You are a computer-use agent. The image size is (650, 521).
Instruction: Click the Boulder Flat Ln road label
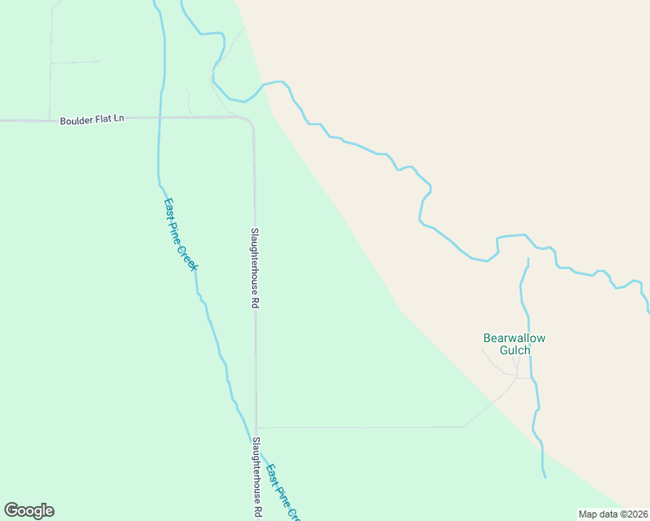click(92, 120)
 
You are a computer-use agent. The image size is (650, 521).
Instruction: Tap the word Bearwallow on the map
click(519, 338)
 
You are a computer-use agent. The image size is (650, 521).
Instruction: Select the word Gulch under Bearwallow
click(514, 351)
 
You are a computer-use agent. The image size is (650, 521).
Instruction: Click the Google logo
click(29, 511)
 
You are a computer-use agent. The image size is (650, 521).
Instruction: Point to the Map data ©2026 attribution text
click(612, 513)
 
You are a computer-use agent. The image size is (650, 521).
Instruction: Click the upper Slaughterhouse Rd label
click(255, 268)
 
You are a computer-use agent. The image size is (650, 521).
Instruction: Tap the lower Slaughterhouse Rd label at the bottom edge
click(256, 478)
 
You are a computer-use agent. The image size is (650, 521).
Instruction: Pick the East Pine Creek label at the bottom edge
click(283, 492)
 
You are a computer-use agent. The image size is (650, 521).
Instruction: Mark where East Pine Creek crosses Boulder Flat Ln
click(160, 118)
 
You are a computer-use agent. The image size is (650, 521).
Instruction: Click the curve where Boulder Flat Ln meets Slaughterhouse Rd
click(250, 122)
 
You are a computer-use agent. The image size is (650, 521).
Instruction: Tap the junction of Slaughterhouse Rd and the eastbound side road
click(256, 427)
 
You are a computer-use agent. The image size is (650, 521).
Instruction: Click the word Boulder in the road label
click(75, 120)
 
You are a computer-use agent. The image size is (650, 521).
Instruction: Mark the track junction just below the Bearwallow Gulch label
click(517, 376)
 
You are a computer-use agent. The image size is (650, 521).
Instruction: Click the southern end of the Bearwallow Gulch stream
click(545, 477)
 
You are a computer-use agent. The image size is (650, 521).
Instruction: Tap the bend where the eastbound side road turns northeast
click(464, 426)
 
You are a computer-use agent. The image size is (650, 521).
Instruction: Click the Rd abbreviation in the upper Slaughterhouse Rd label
click(255, 304)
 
